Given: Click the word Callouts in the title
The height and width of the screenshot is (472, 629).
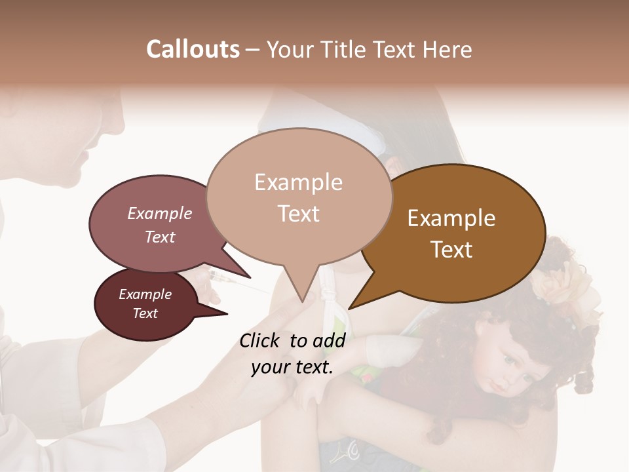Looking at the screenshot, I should [193, 49].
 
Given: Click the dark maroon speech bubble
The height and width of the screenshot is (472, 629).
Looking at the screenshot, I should [146, 304].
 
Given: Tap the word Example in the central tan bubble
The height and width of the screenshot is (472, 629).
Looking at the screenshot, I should [298, 182].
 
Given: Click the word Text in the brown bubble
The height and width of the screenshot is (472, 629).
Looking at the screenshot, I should [451, 250].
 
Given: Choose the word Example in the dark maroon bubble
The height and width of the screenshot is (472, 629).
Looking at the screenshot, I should [145, 294].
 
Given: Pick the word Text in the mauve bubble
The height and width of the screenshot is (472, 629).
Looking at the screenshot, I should [160, 237].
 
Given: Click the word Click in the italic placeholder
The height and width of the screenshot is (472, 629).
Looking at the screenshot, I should [261, 340].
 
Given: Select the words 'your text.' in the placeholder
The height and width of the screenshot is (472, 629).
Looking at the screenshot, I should [292, 367].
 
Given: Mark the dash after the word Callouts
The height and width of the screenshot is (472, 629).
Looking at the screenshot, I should [253, 50].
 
